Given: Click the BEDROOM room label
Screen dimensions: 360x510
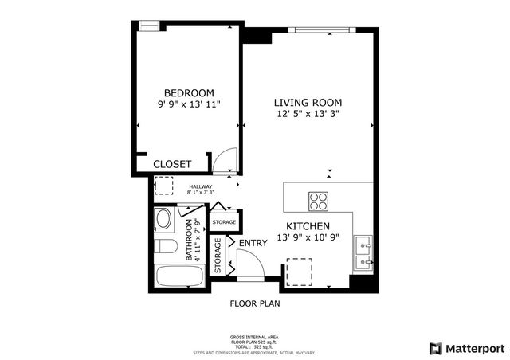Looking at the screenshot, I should [189, 92].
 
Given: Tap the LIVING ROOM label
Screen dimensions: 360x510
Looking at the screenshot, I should [308, 103].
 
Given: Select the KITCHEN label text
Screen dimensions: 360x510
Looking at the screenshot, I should [308, 226].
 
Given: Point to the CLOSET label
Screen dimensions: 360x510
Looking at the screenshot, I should [172, 164].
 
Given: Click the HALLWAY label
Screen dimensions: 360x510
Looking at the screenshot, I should [200, 186].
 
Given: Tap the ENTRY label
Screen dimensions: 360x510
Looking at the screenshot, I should [253, 243].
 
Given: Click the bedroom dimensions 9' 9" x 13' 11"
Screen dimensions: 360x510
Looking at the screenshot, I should [189, 104].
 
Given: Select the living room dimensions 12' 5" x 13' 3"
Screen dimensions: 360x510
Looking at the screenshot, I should [308, 115].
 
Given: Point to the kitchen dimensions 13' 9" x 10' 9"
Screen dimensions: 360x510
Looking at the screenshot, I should [313, 237].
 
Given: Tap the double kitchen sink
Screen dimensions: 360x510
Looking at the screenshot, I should [363, 250].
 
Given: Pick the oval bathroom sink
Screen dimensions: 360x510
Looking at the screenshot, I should [163, 220].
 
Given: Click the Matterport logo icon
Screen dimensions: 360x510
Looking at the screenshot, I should [435, 348].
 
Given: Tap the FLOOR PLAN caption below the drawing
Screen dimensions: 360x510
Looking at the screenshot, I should [255, 303].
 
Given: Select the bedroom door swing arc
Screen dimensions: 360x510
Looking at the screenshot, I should [226, 159].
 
